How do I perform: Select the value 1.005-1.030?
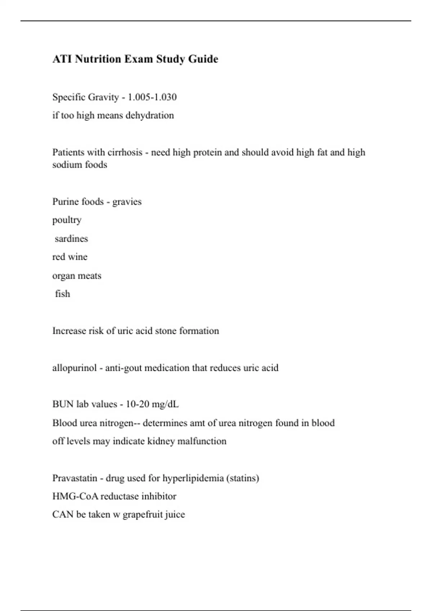tap(152, 97)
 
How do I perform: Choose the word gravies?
tap(127, 202)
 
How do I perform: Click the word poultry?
tap(67, 220)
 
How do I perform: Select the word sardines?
tap(71, 239)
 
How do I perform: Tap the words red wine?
tap(70, 257)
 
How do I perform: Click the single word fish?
tap(63, 294)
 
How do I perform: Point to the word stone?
tap(166, 331)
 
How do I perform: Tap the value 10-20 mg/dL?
tap(152, 404)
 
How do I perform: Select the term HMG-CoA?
tap(75, 496)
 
